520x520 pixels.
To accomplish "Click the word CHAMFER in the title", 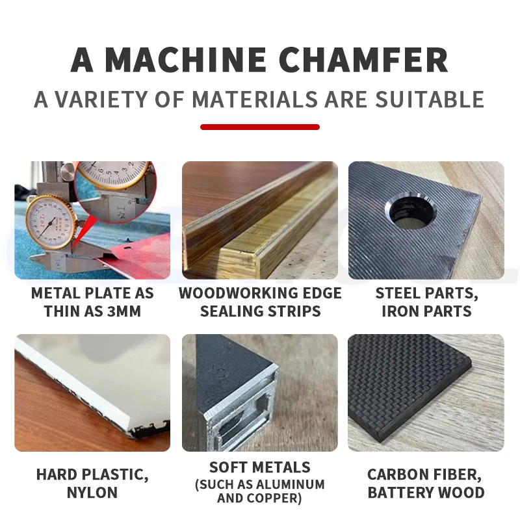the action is pos(363,60).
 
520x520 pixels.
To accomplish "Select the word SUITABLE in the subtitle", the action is pos(430,99).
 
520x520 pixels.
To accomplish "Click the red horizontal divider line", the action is pos(260,127).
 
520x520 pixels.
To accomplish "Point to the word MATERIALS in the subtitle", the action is pos(255,99).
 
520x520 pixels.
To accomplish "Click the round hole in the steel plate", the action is pos(411,212).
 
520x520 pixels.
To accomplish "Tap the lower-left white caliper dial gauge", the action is pos(51,222).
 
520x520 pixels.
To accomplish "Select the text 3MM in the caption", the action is pos(124,311).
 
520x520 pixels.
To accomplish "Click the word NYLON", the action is pos(92,493).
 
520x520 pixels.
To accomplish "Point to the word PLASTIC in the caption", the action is pos(115,474).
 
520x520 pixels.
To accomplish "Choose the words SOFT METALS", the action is pos(260,467).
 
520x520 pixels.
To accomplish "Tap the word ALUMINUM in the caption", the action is pos(291,484).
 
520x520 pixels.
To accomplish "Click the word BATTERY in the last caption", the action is pos(400,493).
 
